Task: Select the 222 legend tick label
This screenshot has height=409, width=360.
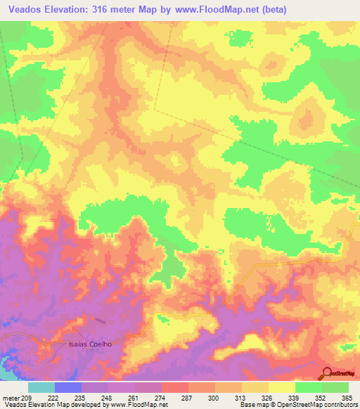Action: (53, 398)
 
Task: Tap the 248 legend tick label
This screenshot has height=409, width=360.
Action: (107, 398)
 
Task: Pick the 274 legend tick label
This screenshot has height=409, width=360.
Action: (161, 398)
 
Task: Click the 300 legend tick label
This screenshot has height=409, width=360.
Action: (214, 398)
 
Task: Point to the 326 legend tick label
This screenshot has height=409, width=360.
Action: (268, 398)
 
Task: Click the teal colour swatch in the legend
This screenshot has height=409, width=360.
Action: (41, 388)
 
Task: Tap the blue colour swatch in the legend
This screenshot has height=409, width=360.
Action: (67, 388)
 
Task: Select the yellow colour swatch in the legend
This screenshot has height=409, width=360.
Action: (281, 388)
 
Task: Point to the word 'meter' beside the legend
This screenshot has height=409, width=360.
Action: (9, 398)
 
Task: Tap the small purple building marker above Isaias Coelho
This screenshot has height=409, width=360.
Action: (100, 322)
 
